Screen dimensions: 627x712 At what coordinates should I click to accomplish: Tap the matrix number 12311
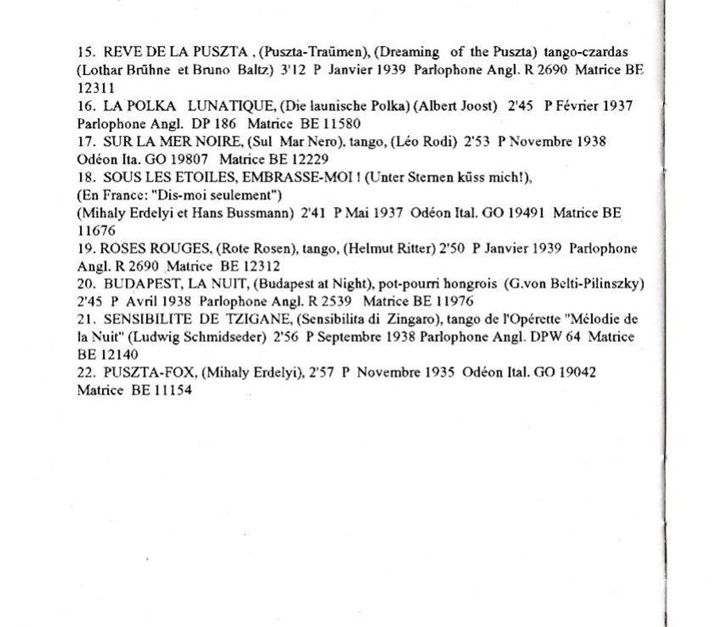(x=96, y=88)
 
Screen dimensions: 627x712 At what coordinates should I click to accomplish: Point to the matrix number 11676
(x=96, y=231)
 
